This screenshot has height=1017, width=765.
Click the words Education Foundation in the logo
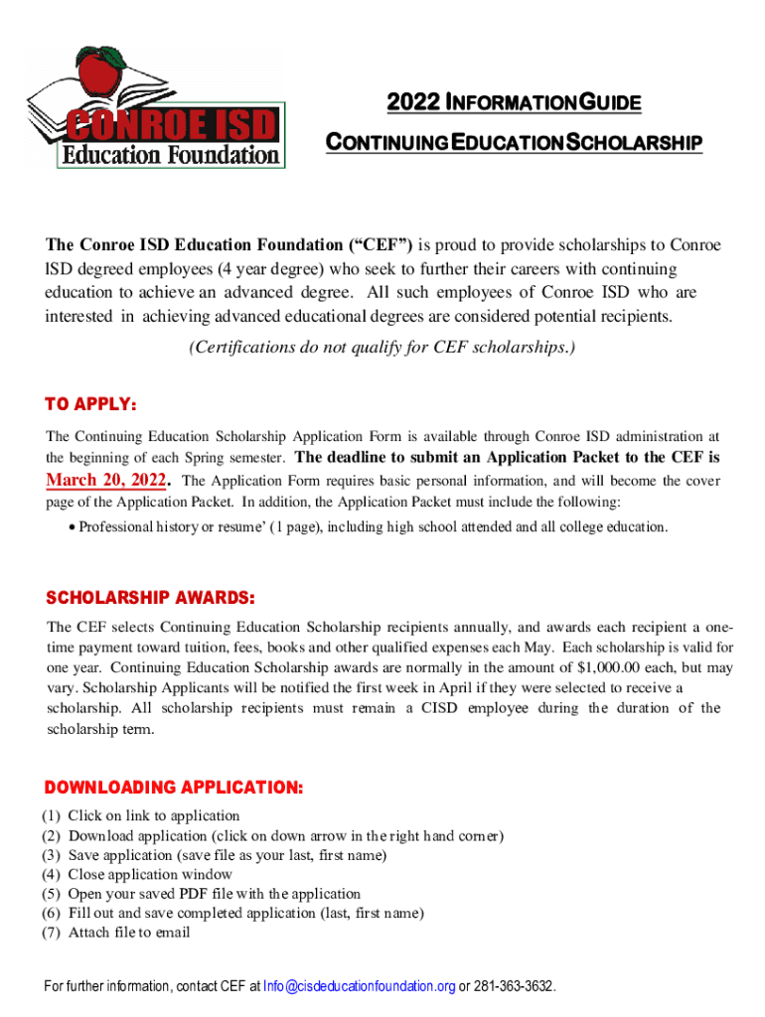[x=171, y=154]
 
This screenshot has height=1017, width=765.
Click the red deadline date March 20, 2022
[x=107, y=481]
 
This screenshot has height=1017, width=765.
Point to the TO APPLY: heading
[x=91, y=405]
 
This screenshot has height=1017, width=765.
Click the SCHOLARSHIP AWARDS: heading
[x=151, y=599]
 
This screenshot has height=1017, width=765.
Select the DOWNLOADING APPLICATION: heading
[x=174, y=788]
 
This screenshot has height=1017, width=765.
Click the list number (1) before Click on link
[x=52, y=816]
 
